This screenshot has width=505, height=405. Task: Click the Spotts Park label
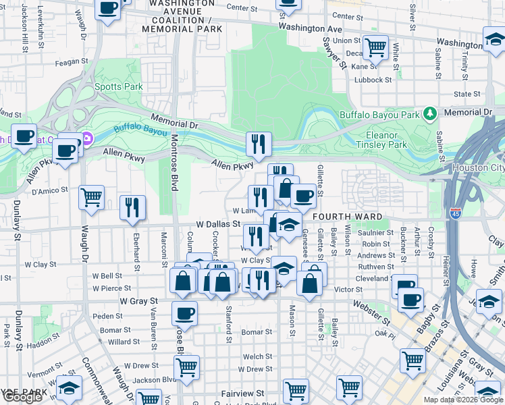(x=119, y=86)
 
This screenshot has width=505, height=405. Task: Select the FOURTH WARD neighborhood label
(x=347, y=217)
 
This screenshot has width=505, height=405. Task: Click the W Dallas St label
(x=218, y=223)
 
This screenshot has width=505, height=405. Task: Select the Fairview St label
(x=242, y=393)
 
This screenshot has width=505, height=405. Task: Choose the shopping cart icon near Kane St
(x=375, y=47)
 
